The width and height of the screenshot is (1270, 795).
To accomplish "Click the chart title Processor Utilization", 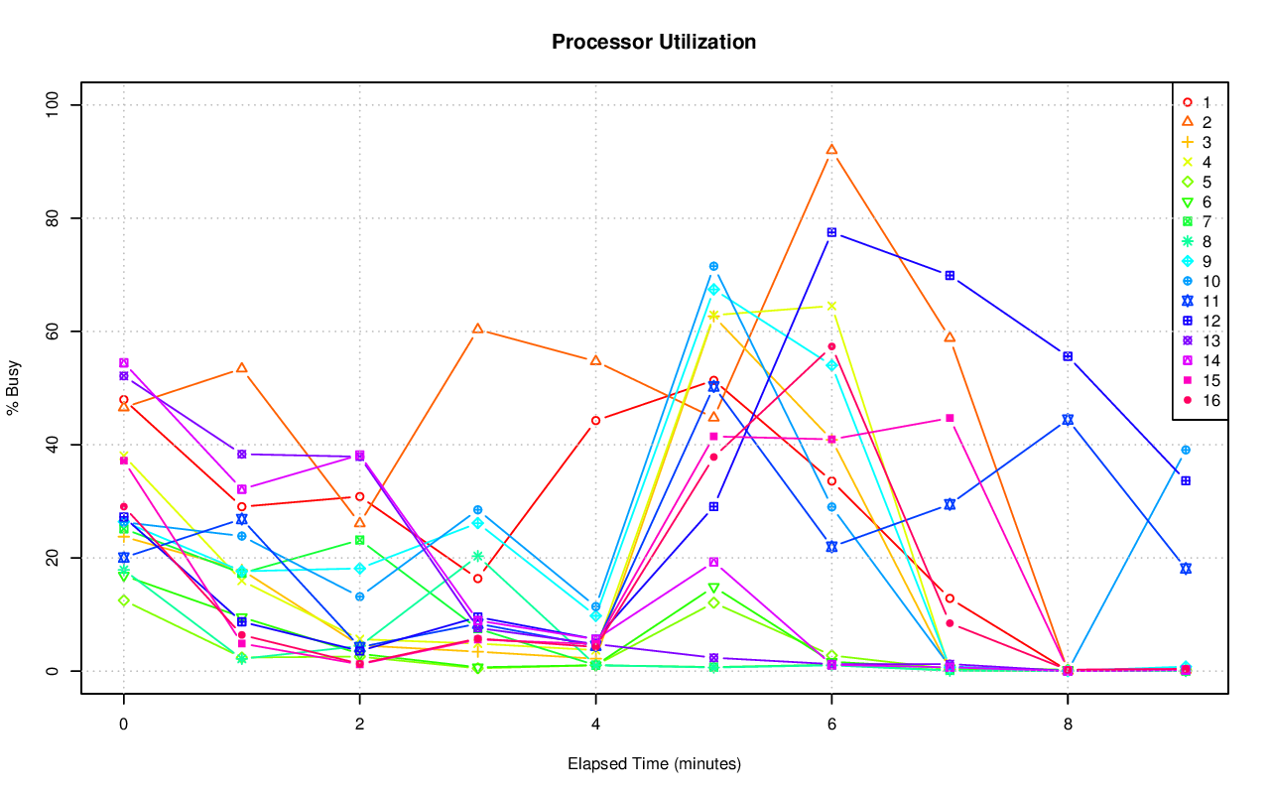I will [654, 42].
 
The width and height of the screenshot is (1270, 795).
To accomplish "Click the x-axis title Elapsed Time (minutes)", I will [654, 764].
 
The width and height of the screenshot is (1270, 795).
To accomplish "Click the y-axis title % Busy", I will [14, 388].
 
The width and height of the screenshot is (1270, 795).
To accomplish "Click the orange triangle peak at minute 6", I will [831, 150].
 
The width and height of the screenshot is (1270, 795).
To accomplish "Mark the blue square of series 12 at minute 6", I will [831, 232].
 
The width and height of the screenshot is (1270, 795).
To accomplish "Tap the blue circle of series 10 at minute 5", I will [713, 266].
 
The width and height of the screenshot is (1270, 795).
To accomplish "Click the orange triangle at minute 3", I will [477, 329].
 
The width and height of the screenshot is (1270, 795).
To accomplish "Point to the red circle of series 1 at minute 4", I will [595, 420].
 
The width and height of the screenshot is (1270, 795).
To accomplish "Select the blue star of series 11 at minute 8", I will [1068, 419].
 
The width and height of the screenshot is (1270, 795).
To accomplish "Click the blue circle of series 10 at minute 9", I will [1186, 450].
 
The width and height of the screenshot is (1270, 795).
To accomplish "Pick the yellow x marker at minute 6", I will [831, 306].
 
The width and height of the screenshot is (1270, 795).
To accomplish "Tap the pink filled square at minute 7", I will [950, 418].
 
